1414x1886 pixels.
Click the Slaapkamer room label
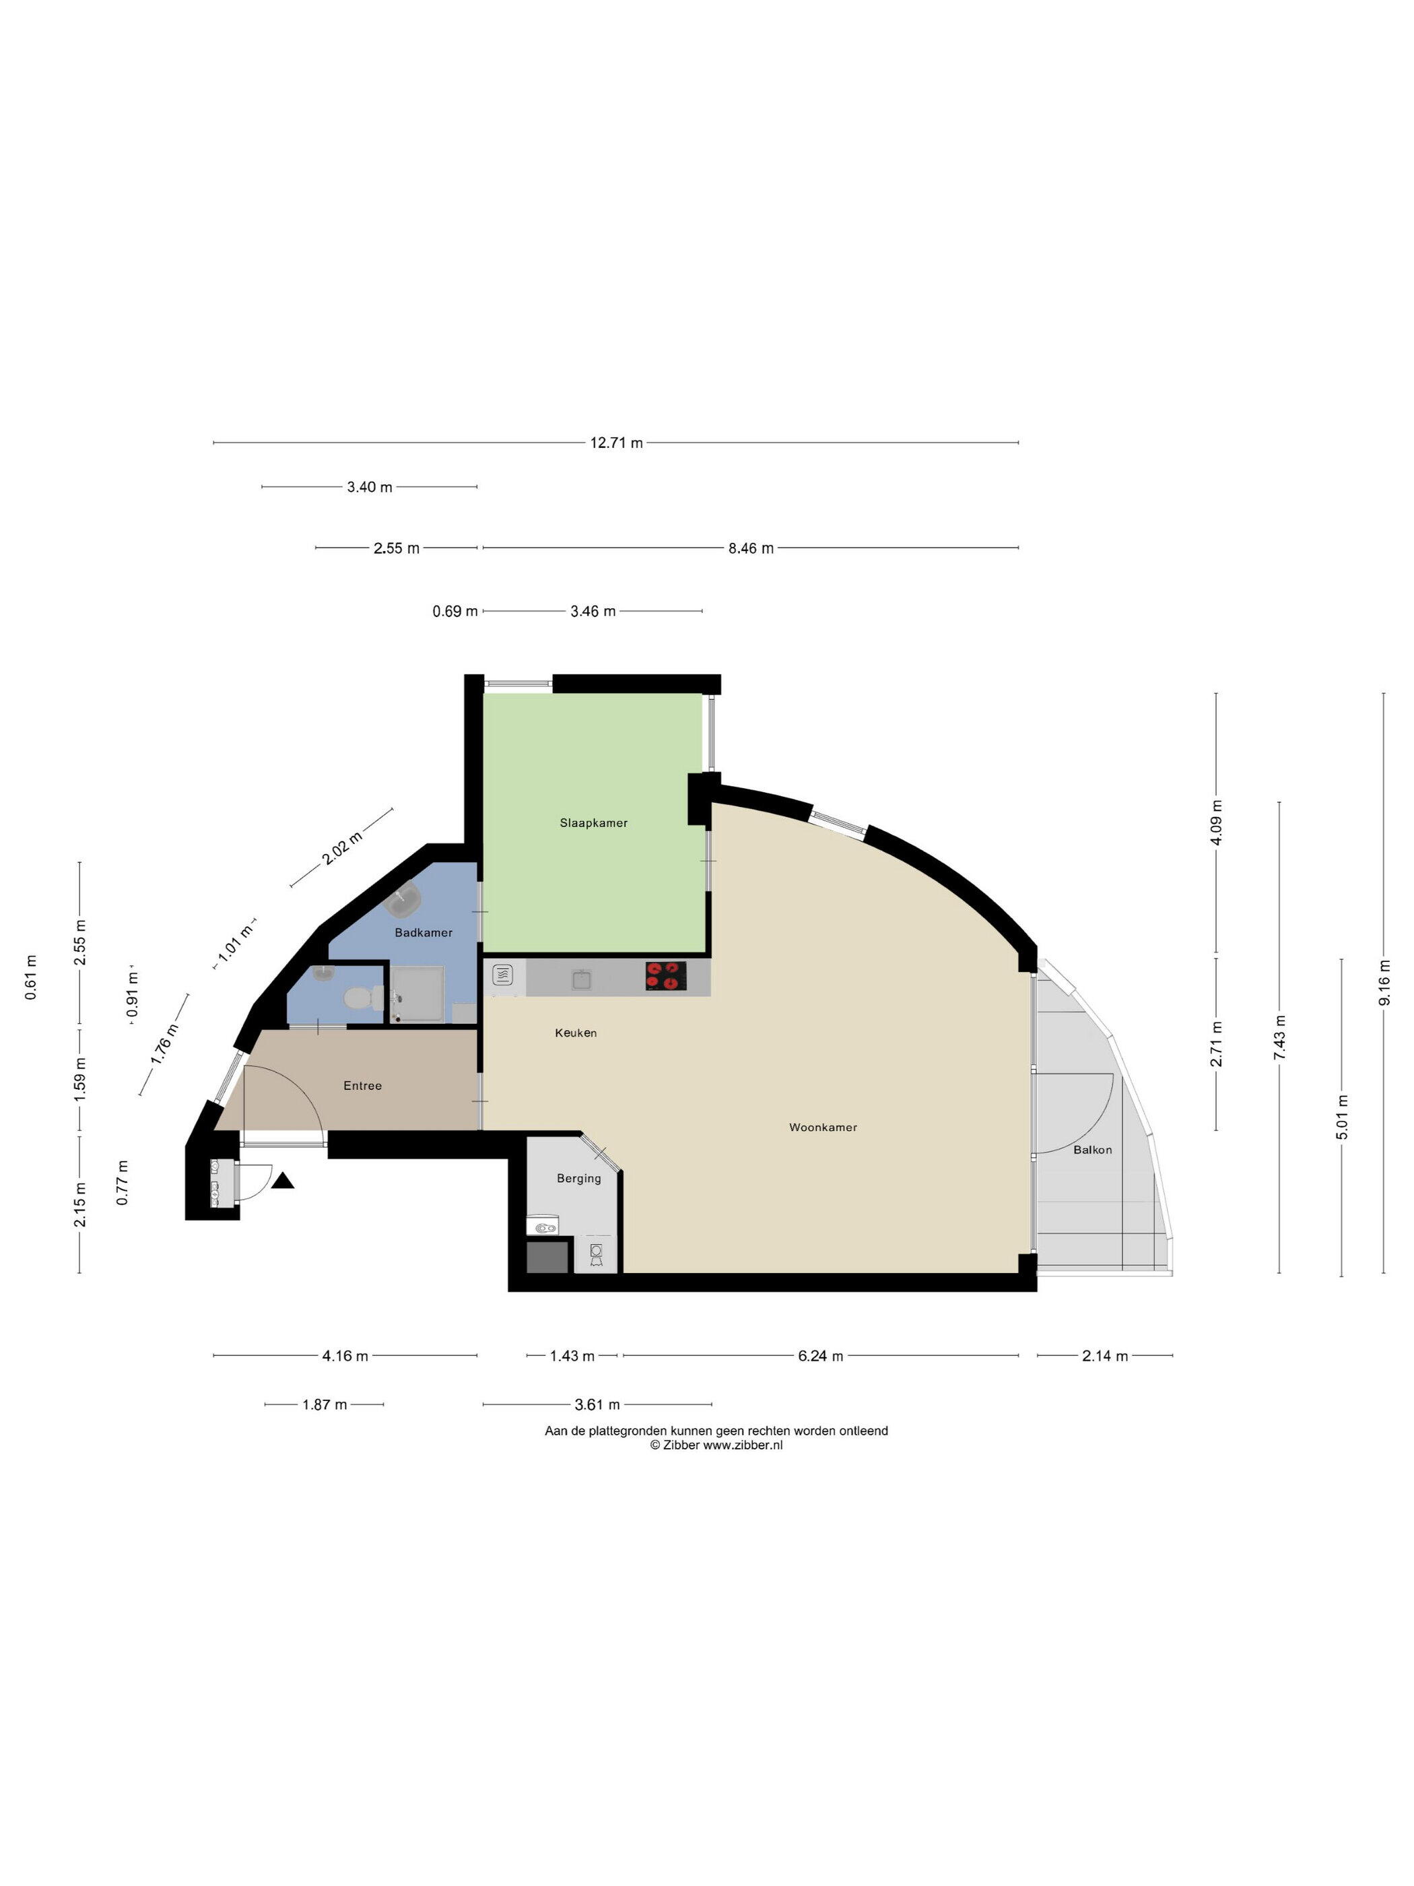pos(593,823)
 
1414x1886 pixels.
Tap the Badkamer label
pos(424,933)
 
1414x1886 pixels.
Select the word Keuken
pos(576,1033)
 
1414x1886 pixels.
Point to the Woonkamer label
pos(823,1127)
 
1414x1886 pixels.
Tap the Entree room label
pos(362,1085)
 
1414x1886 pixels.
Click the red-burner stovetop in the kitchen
pos(666,975)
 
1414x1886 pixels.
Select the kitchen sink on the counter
pos(581,978)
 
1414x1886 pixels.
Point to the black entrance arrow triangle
pos(283,1181)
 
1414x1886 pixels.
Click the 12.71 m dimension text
pos(616,443)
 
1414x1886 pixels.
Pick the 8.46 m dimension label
pos(751,548)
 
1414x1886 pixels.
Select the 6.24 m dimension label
pos(821,1356)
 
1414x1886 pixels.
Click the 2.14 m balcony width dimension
pos(1105,1356)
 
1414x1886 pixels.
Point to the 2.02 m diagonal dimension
pos(343,848)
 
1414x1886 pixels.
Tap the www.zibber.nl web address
pos(743,1444)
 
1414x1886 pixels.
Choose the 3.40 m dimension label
pos(370,488)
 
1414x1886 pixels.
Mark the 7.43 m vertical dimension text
pos(1279,1038)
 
